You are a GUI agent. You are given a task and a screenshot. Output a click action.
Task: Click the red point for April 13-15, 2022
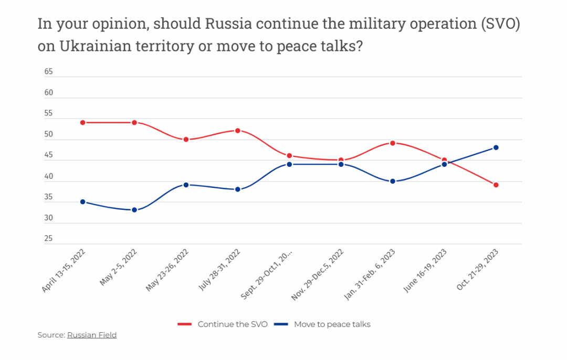click(x=82, y=122)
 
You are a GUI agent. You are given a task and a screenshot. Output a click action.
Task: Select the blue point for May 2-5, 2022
click(x=134, y=210)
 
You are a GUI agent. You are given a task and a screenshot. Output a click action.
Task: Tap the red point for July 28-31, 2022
click(x=237, y=130)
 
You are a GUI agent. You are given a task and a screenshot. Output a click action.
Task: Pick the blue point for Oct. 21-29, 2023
click(x=496, y=147)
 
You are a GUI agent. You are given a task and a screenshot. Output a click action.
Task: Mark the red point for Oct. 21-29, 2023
click(x=496, y=185)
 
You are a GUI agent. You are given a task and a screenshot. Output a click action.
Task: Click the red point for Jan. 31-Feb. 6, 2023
click(x=392, y=143)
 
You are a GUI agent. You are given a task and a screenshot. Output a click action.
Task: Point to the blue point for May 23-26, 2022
click(x=186, y=185)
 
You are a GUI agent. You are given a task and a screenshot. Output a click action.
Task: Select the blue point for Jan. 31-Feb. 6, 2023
click(x=392, y=181)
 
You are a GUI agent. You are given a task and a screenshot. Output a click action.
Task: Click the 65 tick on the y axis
click(x=49, y=72)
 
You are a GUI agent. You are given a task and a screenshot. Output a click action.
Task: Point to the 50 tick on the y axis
click(x=49, y=135)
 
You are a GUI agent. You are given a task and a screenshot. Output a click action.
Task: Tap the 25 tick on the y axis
click(x=49, y=239)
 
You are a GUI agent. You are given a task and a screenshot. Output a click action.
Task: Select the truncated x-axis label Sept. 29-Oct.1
click(x=267, y=274)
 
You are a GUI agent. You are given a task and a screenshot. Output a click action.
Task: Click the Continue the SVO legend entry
click(x=233, y=324)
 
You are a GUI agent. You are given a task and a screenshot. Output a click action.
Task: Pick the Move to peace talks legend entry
click(x=332, y=324)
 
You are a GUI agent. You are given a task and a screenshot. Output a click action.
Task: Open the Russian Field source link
click(x=92, y=335)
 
